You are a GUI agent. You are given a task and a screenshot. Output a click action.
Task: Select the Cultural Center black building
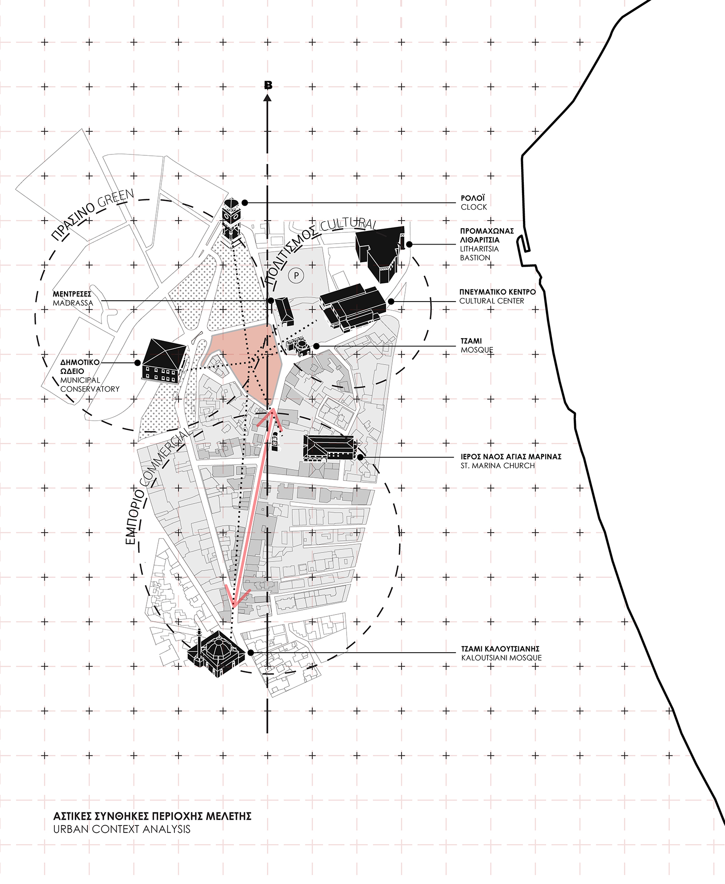(x=353, y=308)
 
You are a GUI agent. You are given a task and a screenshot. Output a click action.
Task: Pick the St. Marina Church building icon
(x=329, y=448)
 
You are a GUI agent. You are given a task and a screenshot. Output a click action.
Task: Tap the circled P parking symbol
(x=296, y=275)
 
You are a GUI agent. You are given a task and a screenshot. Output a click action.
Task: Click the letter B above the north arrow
(x=268, y=85)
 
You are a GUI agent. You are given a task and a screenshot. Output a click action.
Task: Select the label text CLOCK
(x=474, y=207)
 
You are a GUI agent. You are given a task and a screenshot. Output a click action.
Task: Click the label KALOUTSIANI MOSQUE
(x=501, y=658)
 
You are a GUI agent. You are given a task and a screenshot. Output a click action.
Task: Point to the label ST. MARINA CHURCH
(x=498, y=466)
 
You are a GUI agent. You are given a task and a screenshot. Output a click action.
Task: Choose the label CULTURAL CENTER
(x=492, y=301)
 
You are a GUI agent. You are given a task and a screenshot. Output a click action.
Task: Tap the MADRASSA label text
(x=73, y=303)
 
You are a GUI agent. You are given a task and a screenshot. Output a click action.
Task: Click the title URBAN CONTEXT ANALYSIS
(x=122, y=829)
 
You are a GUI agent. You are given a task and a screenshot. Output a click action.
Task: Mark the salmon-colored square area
(x=243, y=362)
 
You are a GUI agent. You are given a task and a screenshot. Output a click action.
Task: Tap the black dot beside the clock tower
(x=245, y=202)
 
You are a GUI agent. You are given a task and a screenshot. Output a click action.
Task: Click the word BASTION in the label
(x=475, y=258)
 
